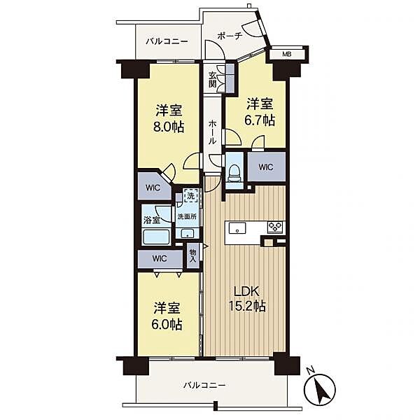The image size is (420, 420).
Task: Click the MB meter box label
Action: (x=287, y=54)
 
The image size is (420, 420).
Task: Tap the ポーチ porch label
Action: (x=230, y=36)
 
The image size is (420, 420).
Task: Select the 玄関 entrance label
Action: (x=213, y=80)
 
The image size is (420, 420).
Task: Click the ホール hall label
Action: (x=212, y=132)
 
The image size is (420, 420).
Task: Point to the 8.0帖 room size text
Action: (x=169, y=127)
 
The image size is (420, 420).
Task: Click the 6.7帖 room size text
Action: (x=260, y=120)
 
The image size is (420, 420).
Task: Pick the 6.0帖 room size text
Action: (x=167, y=324)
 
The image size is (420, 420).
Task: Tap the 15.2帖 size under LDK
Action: (x=246, y=306)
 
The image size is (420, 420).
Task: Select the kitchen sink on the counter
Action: (x=237, y=228)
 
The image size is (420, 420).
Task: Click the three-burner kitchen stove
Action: (x=275, y=227)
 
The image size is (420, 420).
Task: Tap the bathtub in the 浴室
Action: (x=156, y=237)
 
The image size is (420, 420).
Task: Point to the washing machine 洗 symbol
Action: (x=190, y=195)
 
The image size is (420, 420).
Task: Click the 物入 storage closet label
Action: (x=193, y=255)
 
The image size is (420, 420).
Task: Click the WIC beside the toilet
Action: (x=266, y=167)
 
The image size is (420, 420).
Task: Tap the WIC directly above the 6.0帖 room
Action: (x=160, y=259)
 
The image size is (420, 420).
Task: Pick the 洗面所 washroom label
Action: (x=187, y=217)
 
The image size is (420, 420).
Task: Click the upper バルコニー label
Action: (x=167, y=41)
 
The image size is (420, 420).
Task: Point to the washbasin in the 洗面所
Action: (x=187, y=234)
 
